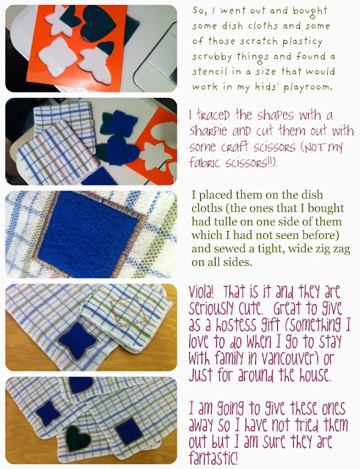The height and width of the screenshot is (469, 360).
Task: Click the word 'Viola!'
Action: [x=201, y=292]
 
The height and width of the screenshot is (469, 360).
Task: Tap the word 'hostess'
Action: [x=222, y=325]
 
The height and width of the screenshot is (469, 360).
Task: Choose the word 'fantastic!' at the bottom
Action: [x=213, y=457]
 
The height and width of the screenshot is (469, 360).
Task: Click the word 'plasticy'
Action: [x=302, y=42]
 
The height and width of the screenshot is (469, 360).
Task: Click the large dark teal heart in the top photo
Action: [x=98, y=23]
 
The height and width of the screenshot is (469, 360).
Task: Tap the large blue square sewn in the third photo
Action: [x=88, y=234]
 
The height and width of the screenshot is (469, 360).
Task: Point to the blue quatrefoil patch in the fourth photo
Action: [x=78, y=341]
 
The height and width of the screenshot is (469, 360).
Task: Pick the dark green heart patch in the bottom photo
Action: [x=78, y=438]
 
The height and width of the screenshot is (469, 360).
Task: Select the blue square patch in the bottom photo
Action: [x=129, y=432]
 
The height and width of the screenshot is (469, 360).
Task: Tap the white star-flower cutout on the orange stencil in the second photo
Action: [x=155, y=155]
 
